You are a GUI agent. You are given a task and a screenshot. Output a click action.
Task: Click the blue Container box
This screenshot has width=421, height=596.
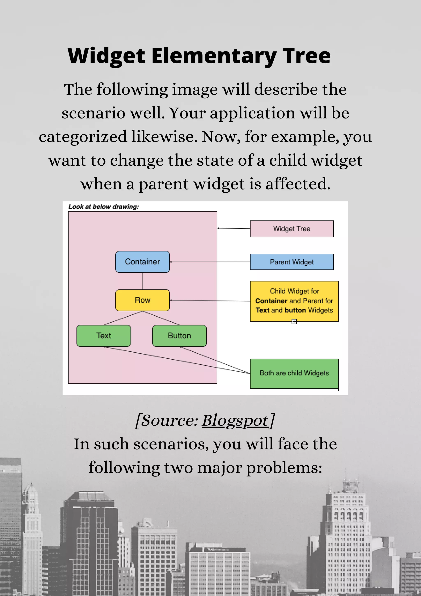(142, 262)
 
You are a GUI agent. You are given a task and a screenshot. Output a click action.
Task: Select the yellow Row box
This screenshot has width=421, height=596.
(142, 300)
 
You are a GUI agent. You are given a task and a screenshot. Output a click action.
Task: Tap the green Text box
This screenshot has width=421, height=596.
(103, 336)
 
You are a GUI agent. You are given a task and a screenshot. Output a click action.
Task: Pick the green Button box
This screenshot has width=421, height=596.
(179, 336)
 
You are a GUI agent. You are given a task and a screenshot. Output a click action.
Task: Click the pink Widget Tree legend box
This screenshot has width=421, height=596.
(291, 229)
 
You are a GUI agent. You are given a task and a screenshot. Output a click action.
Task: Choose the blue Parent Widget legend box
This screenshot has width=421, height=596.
(291, 262)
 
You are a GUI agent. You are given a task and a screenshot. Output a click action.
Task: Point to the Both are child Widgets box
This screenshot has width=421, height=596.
(294, 373)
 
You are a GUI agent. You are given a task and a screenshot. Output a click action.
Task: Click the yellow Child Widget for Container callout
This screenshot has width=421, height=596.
(294, 301)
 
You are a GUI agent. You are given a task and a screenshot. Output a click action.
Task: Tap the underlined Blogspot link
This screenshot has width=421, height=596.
(235, 420)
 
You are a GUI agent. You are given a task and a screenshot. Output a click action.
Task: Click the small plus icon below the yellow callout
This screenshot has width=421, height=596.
(294, 322)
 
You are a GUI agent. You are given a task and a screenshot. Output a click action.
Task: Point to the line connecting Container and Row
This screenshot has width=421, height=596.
(143, 281)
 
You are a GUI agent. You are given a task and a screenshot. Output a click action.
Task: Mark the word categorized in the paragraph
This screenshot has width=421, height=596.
(83, 137)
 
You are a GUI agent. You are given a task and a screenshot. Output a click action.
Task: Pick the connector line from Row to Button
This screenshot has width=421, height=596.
(161, 318)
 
